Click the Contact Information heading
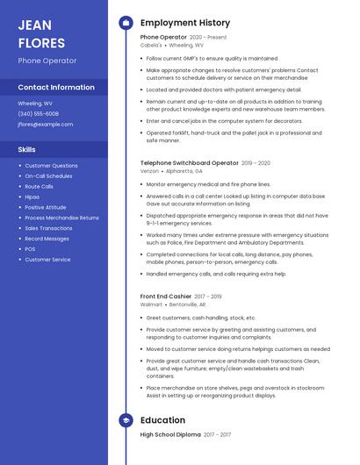(56, 88)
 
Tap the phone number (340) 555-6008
(39, 114)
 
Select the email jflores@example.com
(46, 125)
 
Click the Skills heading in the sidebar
(27, 150)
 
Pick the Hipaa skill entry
(32, 197)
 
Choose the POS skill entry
(31, 249)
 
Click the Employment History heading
(185, 23)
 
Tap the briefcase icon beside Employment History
(126, 23)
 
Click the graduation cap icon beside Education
(126, 420)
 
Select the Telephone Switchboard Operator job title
(189, 163)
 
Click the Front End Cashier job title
(166, 297)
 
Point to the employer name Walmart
(150, 304)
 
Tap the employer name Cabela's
(151, 46)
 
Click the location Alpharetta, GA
(184, 171)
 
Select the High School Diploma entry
(170, 435)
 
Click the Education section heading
(162, 420)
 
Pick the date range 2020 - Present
(208, 38)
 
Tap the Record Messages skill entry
(47, 239)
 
